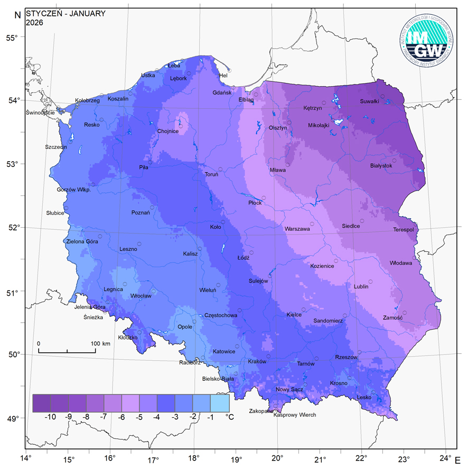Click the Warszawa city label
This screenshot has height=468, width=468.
(x=297, y=229)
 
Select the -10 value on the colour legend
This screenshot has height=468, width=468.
(x=50, y=417)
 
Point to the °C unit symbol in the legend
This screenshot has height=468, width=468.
(x=229, y=417)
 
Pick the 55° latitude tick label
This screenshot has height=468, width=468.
(x=12, y=38)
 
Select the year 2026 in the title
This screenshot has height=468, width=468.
(x=34, y=23)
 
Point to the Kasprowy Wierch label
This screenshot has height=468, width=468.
(x=295, y=415)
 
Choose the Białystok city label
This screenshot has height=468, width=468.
(x=381, y=166)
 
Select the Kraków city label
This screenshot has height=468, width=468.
(x=257, y=362)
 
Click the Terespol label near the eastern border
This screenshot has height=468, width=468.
(x=404, y=230)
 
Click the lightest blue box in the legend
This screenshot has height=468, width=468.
(x=220, y=403)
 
